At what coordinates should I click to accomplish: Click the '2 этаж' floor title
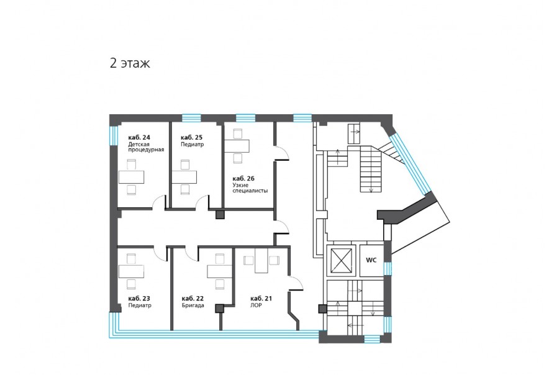pos(130,63)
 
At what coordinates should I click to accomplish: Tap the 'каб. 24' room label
pos(139,137)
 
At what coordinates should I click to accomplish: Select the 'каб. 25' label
pos(191,137)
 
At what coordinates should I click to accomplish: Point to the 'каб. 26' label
pos(243,178)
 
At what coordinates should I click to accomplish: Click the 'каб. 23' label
pos(139,299)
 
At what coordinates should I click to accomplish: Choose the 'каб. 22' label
pos(193,299)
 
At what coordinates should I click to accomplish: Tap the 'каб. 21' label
pos(261,299)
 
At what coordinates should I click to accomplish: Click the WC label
pos(371,260)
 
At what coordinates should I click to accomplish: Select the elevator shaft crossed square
pos(341,260)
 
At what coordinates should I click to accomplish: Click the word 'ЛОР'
pos(256,305)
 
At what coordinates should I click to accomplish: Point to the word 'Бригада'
pos(193,305)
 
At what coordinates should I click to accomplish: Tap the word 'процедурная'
pos(146,150)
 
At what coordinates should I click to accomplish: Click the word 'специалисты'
pos(250,191)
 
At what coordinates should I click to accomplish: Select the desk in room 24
pos(131,177)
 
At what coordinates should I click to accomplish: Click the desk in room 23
pos(131,271)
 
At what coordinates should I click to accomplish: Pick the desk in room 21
pos(261,261)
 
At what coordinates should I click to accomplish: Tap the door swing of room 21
pos(296,283)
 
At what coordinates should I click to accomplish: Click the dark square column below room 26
pos(220,215)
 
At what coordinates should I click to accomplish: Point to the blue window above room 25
pos(191,118)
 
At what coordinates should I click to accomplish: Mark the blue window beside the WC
pos(388,269)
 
